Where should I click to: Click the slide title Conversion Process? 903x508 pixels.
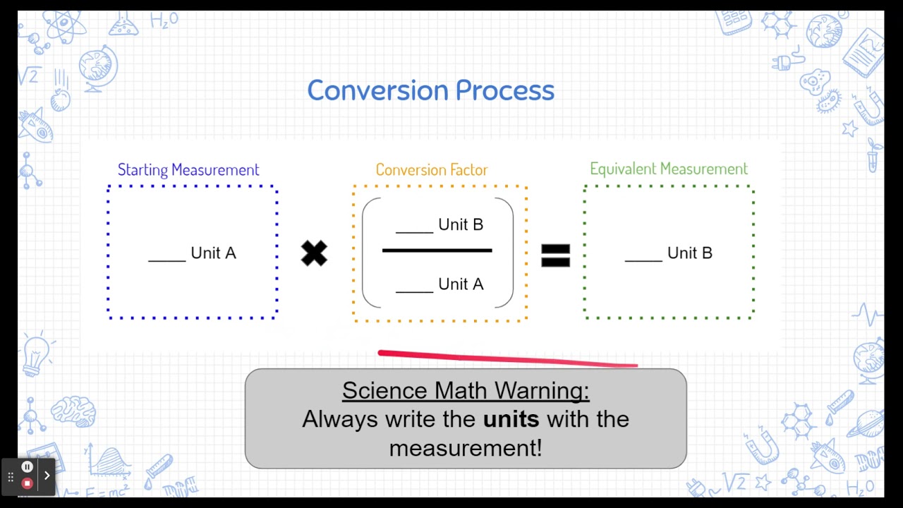pyautogui.click(x=430, y=90)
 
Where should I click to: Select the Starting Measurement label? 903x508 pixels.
pyautogui.click(x=188, y=170)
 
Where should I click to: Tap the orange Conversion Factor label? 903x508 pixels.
pyautogui.click(x=431, y=170)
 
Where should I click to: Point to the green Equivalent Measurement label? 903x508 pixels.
pyautogui.click(x=668, y=169)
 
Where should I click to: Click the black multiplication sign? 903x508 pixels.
pyautogui.click(x=314, y=253)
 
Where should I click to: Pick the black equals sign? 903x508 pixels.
pyautogui.click(x=555, y=255)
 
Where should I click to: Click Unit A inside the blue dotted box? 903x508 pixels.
pyautogui.click(x=213, y=253)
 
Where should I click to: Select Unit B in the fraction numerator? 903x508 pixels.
pyautogui.click(x=460, y=224)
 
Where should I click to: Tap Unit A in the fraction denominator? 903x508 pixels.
pyautogui.click(x=460, y=284)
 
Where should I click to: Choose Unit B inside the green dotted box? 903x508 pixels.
pyautogui.click(x=689, y=253)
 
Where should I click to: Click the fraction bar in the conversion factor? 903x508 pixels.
pyautogui.click(x=437, y=250)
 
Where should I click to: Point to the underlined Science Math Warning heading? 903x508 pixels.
pyautogui.click(x=466, y=390)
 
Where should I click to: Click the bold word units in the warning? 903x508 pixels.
pyautogui.click(x=511, y=419)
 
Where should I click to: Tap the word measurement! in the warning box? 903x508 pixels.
pyautogui.click(x=466, y=447)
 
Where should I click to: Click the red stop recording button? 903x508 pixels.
pyautogui.click(x=27, y=483)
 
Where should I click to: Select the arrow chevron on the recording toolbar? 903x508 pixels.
pyautogui.click(x=47, y=476)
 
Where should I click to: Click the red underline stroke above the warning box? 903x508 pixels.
pyautogui.click(x=508, y=358)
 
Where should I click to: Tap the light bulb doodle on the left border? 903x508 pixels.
pyautogui.click(x=35, y=353)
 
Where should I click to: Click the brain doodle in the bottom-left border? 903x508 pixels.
pyautogui.click(x=73, y=410)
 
